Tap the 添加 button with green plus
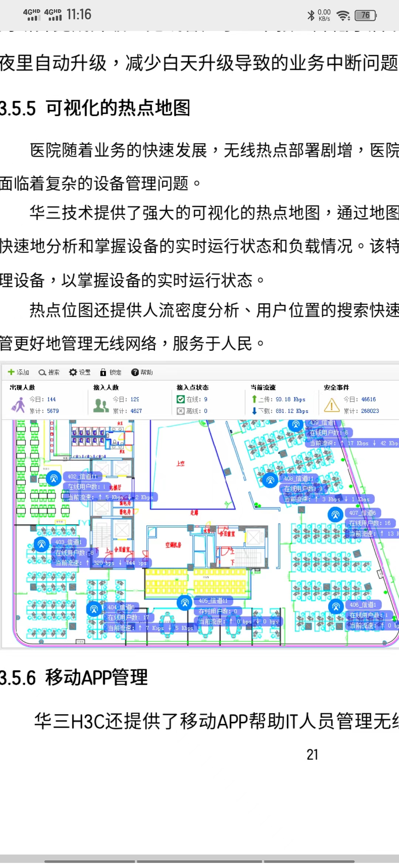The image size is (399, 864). [x=18, y=372]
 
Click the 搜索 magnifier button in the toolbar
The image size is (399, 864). [x=49, y=372]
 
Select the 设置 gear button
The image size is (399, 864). [x=79, y=372]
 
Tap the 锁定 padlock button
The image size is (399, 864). [x=110, y=372]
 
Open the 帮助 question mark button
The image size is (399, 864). [x=141, y=372]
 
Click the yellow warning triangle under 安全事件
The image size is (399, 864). [x=331, y=405]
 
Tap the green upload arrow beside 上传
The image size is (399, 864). [x=254, y=399]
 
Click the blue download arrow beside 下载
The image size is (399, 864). [x=254, y=411]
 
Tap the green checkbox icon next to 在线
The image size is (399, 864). [x=181, y=399]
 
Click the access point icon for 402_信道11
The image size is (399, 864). [x=54, y=479]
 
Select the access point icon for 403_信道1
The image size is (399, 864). [x=41, y=544]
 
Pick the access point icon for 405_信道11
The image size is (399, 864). [x=185, y=603]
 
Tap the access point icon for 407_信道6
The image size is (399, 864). [x=335, y=514]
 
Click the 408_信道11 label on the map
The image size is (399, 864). [x=299, y=479]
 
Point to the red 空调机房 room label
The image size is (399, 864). [x=173, y=545]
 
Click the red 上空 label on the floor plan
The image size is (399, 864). [x=180, y=463]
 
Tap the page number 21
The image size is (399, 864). [x=312, y=754]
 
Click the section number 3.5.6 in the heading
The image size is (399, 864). [x=18, y=678]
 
